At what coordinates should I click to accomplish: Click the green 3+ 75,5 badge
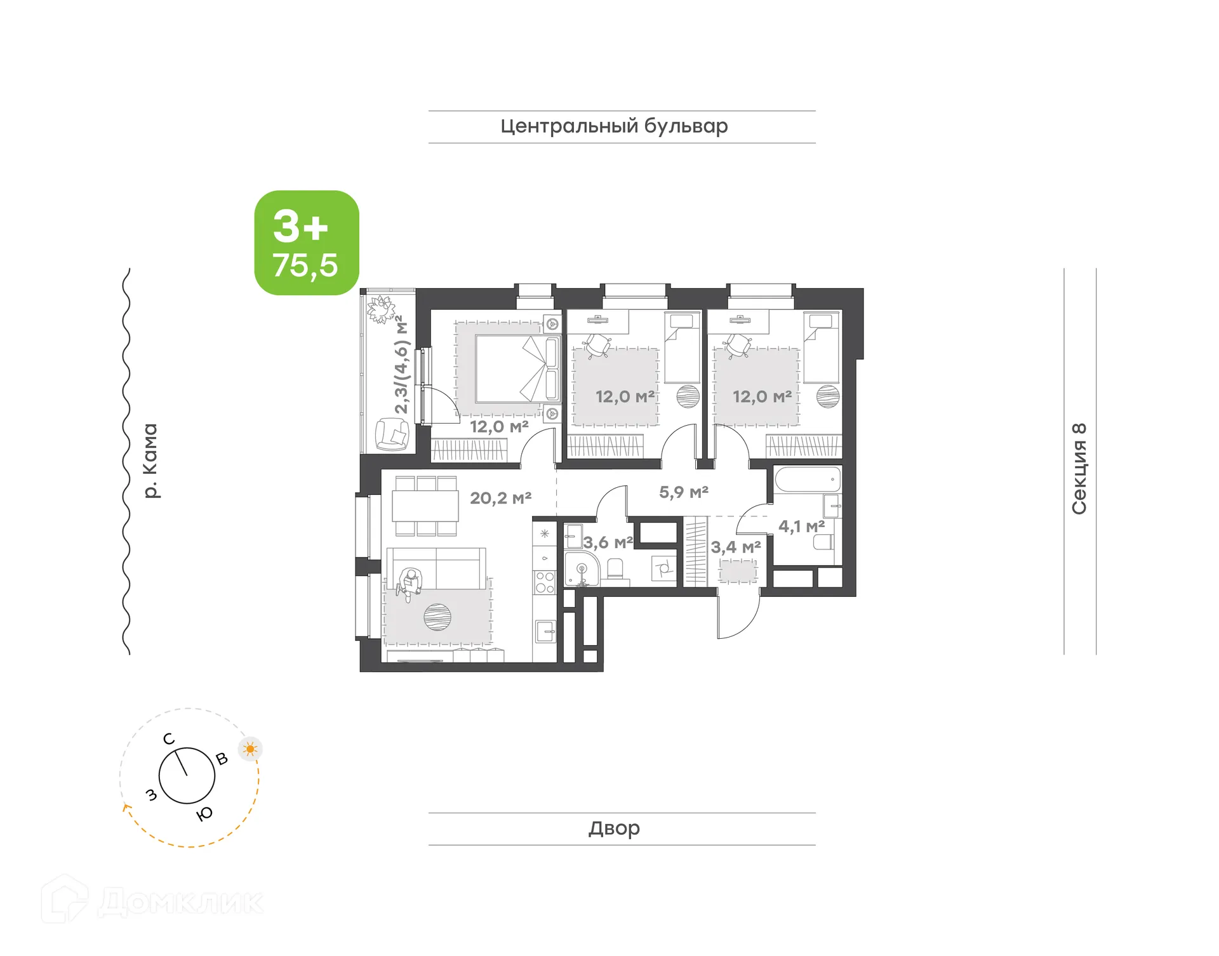pos(307,243)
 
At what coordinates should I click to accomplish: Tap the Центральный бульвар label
pos(614,126)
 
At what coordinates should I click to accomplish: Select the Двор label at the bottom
pos(614,828)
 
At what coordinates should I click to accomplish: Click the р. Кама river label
pos(150,461)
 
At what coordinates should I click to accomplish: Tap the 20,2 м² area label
pos(500,498)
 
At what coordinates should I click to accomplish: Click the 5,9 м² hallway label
pos(683,492)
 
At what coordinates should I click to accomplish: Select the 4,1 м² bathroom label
pos(801,526)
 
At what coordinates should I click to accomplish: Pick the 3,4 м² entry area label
pos(735,547)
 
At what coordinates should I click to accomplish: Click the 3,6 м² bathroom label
pos(608,542)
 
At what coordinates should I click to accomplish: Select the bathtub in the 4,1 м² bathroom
pos(807,480)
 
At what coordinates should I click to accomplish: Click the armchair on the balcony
pos(392,435)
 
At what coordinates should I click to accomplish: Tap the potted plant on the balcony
pos(382,309)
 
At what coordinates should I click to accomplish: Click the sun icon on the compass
pos(250,749)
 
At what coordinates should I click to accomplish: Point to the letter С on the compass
pos(168,739)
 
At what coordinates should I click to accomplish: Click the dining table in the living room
pos(425,506)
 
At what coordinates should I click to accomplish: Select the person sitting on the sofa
pos(410,584)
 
